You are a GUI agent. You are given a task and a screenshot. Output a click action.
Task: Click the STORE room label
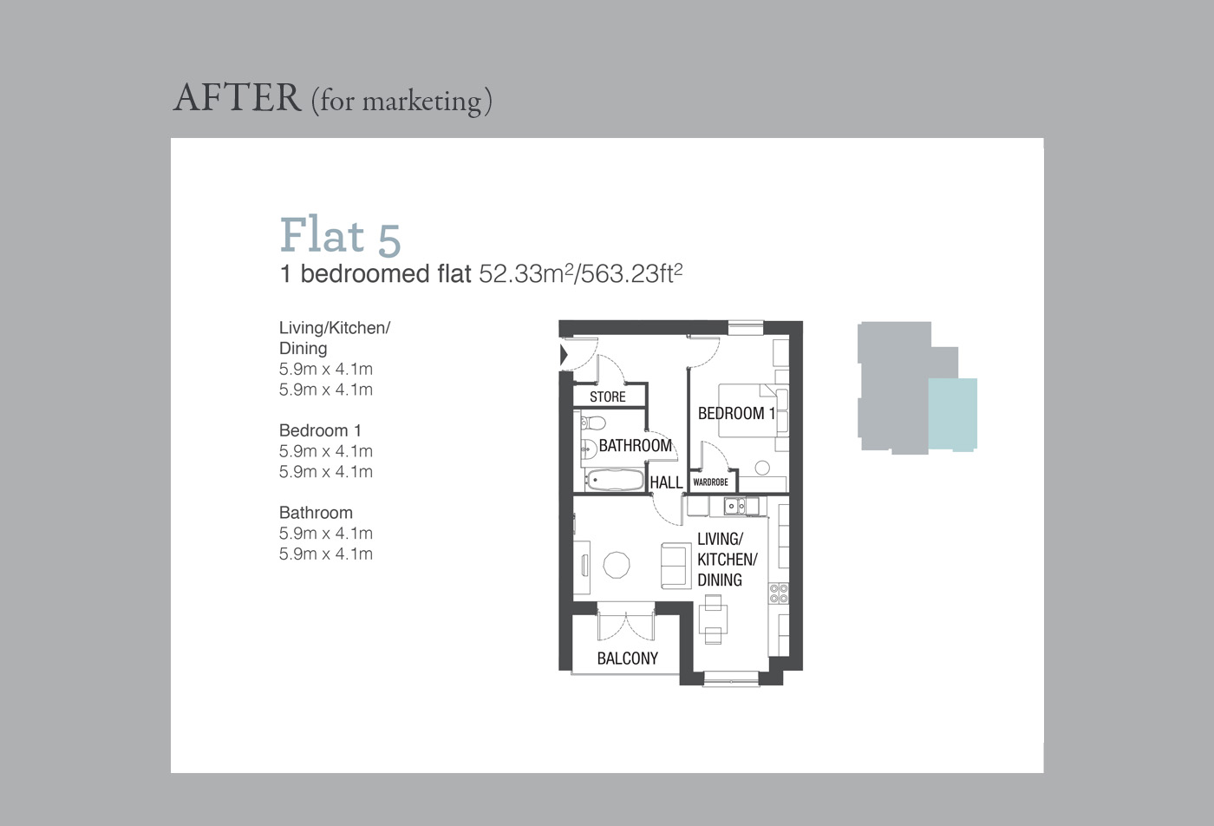pyautogui.click(x=607, y=397)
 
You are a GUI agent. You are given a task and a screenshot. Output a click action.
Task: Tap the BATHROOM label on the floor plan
pyautogui.click(x=635, y=445)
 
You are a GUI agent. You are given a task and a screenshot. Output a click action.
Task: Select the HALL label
pyautogui.click(x=666, y=482)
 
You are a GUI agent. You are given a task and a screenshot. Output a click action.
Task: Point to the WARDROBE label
pyautogui.click(x=710, y=482)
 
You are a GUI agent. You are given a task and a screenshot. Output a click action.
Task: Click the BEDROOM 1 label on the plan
pyautogui.click(x=736, y=413)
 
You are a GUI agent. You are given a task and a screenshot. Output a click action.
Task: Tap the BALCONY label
pyautogui.click(x=627, y=658)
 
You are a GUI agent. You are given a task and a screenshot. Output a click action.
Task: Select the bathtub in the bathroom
pyautogui.click(x=613, y=480)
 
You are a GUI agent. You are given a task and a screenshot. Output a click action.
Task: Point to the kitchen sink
pyautogui.click(x=735, y=505)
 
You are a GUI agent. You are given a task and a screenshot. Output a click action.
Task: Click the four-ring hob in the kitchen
pyautogui.click(x=779, y=593)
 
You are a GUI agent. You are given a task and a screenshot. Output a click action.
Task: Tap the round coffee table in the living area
pyautogui.click(x=617, y=564)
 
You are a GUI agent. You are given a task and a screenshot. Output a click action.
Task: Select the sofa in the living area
pyautogui.click(x=675, y=565)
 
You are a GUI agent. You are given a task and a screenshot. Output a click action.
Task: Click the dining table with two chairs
pyautogui.click(x=713, y=619)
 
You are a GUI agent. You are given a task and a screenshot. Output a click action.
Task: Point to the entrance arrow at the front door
pyautogui.click(x=564, y=354)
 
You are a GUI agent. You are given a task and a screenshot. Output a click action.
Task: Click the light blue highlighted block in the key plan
pyautogui.click(x=952, y=414)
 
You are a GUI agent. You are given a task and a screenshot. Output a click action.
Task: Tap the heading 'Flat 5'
pyautogui.click(x=340, y=235)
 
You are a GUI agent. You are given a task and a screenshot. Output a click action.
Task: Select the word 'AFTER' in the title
pyautogui.click(x=237, y=98)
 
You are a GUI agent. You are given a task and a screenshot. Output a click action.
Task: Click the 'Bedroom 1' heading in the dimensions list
pyautogui.click(x=320, y=430)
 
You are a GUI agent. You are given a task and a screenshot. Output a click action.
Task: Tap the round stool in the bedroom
pyautogui.click(x=762, y=468)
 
